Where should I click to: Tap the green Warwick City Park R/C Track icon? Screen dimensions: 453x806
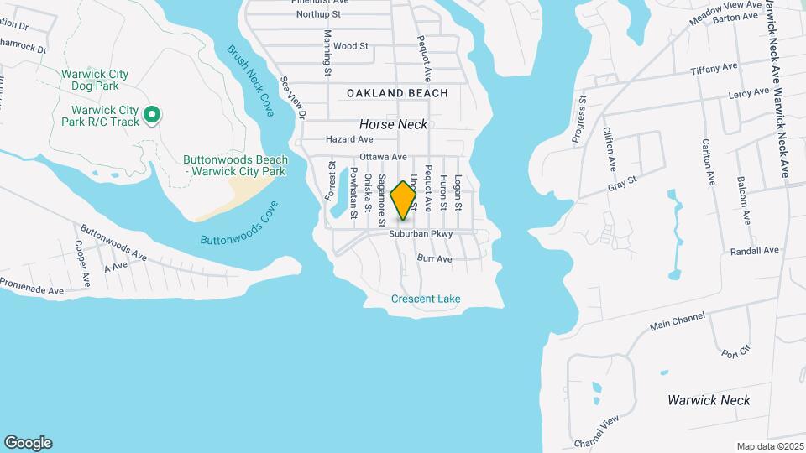pos(152,115)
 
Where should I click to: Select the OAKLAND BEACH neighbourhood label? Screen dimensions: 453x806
pos(397,93)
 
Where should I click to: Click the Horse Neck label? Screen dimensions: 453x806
pos(394,124)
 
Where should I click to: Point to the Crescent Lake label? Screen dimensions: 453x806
pos(426,299)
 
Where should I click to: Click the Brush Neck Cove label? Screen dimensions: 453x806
pos(251,80)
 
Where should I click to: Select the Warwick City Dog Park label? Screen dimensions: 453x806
pos(95,81)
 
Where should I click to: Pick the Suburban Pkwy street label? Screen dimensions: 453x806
pos(421,235)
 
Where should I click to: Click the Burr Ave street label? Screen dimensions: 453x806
pos(435,260)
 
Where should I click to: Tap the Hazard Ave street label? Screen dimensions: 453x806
pos(349,139)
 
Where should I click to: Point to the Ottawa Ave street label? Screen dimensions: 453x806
pos(383,158)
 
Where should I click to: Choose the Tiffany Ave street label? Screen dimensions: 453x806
pos(714,69)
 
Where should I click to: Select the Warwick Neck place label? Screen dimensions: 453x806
pos(709,400)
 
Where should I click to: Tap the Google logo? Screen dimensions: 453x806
pos(28,442)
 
